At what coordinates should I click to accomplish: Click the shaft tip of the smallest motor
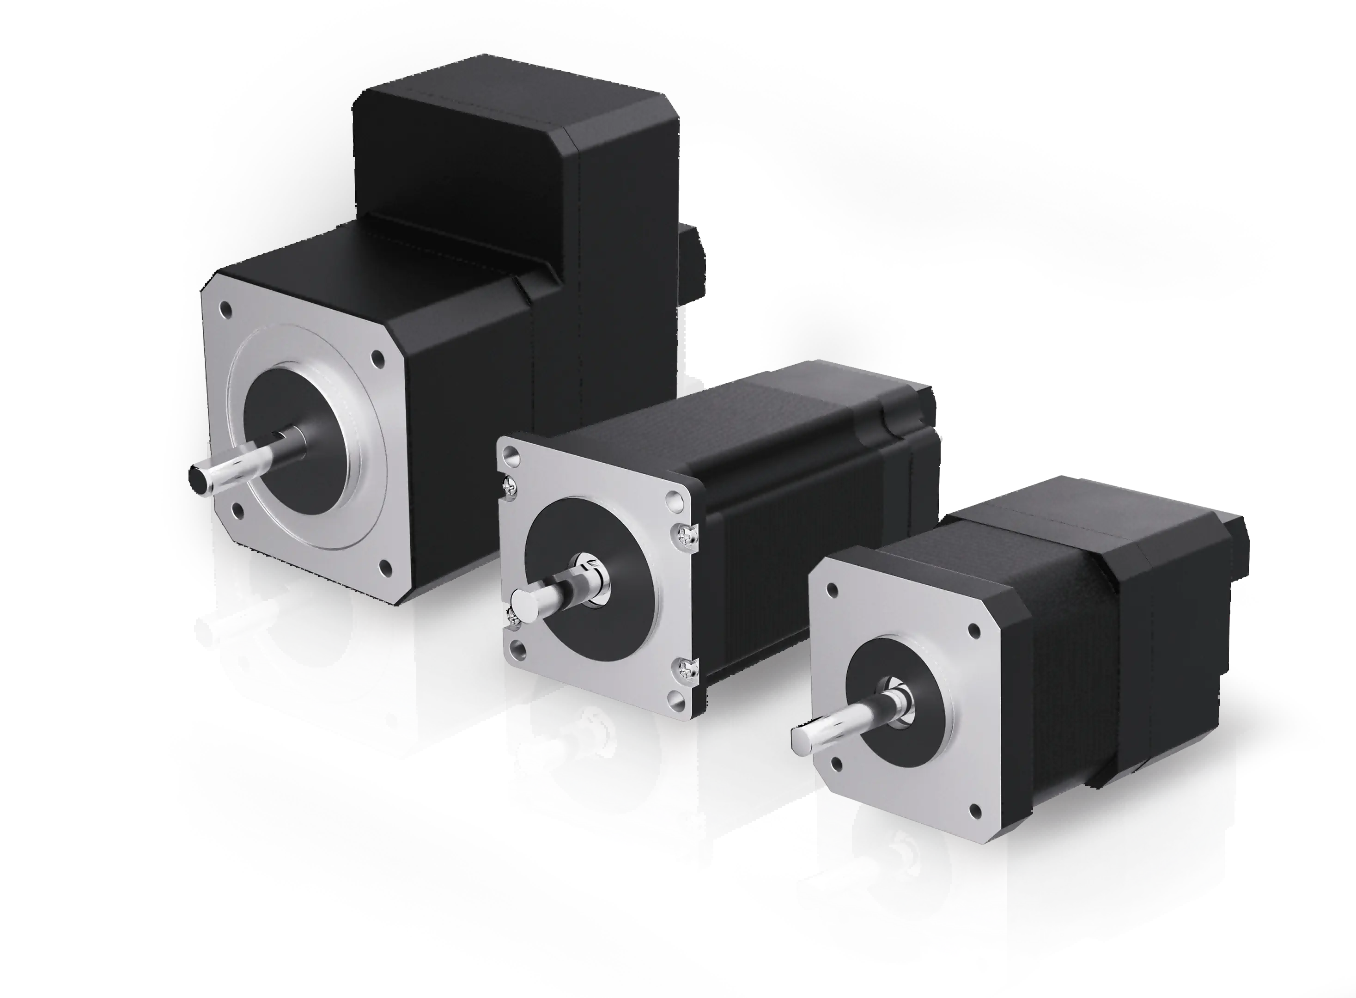point(803,736)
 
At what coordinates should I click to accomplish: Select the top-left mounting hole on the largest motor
point(227,310)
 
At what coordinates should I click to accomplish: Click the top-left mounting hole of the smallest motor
point(832,588)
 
